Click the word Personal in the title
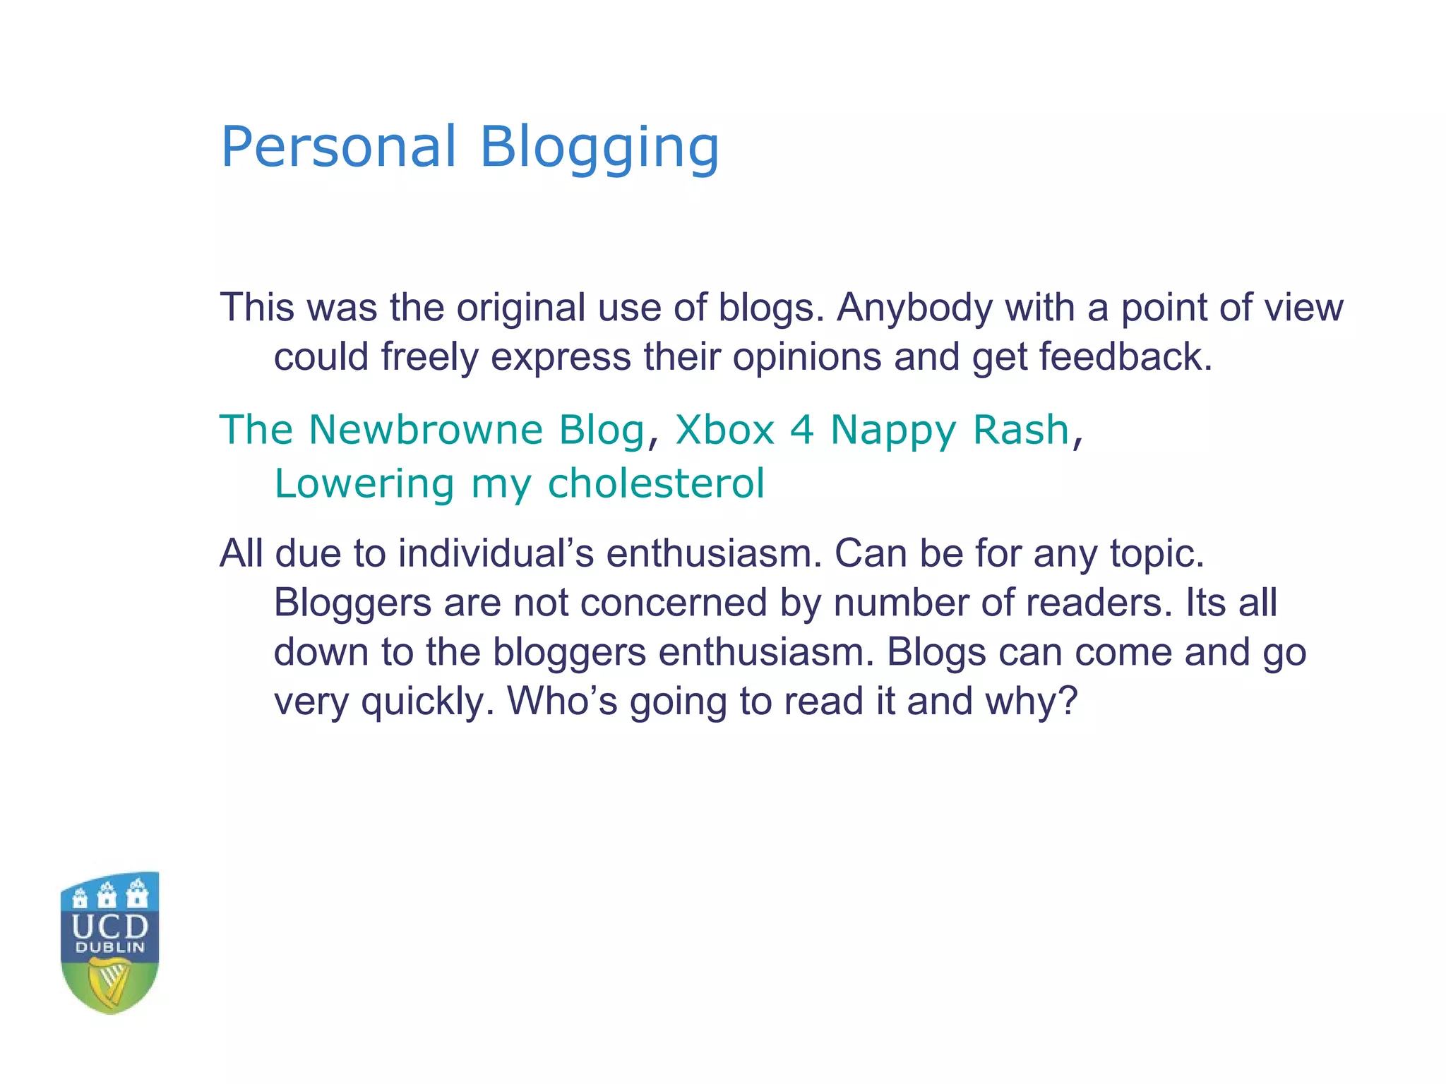339,147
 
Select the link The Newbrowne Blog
432,430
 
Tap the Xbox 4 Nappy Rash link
872,430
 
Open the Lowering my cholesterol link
519,484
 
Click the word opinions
806,357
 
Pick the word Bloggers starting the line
352,603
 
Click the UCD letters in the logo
110,927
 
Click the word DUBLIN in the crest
110,948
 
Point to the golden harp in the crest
109,982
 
